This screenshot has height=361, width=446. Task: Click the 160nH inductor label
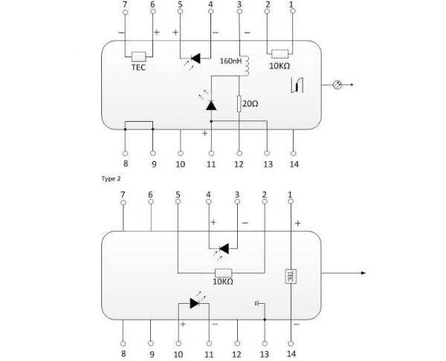(230, 61)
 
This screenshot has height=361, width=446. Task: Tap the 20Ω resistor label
(251, 104)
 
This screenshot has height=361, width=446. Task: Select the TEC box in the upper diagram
(139, 56)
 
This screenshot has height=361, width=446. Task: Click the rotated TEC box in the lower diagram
(291, 276)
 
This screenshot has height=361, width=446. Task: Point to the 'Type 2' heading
(111, 179)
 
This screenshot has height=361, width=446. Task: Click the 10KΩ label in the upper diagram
(279, 66)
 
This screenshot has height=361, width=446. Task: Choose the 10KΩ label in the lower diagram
(223, 282)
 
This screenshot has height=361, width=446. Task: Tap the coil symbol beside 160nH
(246, 66)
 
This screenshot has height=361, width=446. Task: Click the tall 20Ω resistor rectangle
(239, 104)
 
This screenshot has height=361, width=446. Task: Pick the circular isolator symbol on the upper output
(337, 85)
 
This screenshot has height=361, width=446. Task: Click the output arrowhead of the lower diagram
(363, 273)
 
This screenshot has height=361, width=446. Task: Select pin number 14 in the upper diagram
(294, 164)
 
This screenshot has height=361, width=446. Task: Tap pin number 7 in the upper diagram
(125, 4)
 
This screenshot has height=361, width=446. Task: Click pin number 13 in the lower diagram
(264, 354)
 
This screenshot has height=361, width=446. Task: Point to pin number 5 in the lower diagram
(178, 195)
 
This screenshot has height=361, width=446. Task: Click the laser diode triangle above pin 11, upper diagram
(211, 105)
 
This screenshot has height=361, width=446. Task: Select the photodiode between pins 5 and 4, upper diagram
(195, 59)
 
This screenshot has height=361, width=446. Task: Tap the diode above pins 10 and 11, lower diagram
(195, 303)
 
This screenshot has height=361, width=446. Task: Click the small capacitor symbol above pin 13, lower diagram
(257, 304)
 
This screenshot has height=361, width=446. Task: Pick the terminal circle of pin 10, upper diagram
(181, 154)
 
